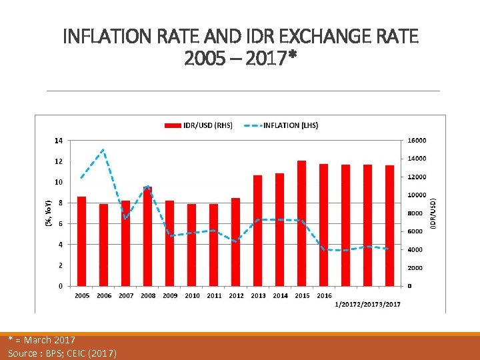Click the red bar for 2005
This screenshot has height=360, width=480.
(81, 241)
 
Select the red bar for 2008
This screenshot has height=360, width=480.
(147, 236)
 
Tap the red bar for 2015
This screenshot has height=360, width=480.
(301, 223)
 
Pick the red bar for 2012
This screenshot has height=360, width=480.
(235, 241)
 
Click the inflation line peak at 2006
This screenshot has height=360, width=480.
(103, 150)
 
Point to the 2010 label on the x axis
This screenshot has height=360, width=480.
(192, 296)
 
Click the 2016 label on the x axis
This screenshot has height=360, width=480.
(324, 296)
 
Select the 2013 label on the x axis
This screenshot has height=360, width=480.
(258, 296)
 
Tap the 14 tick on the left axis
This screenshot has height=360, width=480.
(59, 141)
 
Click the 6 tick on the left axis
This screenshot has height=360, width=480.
(60, 224)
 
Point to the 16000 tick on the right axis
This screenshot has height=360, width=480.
(417, 141)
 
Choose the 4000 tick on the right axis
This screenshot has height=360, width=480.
(415, 250)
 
